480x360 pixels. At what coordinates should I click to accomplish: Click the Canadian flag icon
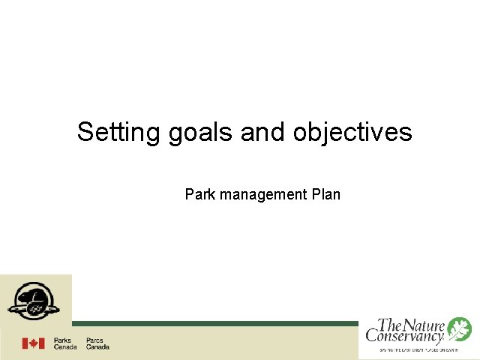pyautogui.click(x=33, y=343)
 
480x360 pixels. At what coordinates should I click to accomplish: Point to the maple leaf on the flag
pyautogui.click(x=33, y=343)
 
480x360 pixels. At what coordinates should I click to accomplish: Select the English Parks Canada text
pyautogui.click(x=65, y=343)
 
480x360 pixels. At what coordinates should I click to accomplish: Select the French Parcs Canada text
pyautogui.click(x=97, y=343)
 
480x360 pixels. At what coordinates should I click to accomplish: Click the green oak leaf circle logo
pyautogui.click(x=459, y=328)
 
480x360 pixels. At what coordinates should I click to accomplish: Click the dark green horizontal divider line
pyautogui.click(x=217, y=324)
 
